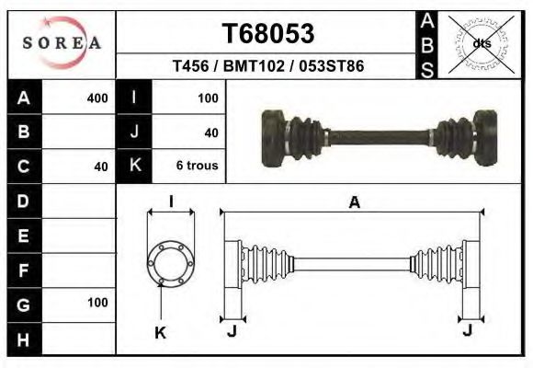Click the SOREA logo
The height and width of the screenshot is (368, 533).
[62, 43]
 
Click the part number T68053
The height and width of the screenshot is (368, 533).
[268, 34]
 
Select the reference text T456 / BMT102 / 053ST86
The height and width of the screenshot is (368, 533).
[267, 67]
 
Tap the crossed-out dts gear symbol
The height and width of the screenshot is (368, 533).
[480, 43]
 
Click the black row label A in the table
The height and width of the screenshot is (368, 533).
[24, 98]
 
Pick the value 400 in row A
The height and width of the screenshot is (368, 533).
[96, 98]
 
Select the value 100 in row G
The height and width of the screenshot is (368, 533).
[96, 303]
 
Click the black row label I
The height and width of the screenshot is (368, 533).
[134, 98]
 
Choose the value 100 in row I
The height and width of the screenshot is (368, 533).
[207, 98]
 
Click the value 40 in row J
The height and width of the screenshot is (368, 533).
[210, 132]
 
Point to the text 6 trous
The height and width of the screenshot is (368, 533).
[197, 167]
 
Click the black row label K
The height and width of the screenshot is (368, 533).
[134, 167]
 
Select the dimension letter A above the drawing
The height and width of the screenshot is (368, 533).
[354, 203]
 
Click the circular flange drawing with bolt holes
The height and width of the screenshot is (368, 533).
[171, 262]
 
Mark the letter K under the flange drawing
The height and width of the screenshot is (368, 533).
[160, 332]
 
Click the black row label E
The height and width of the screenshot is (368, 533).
[24, 235]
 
